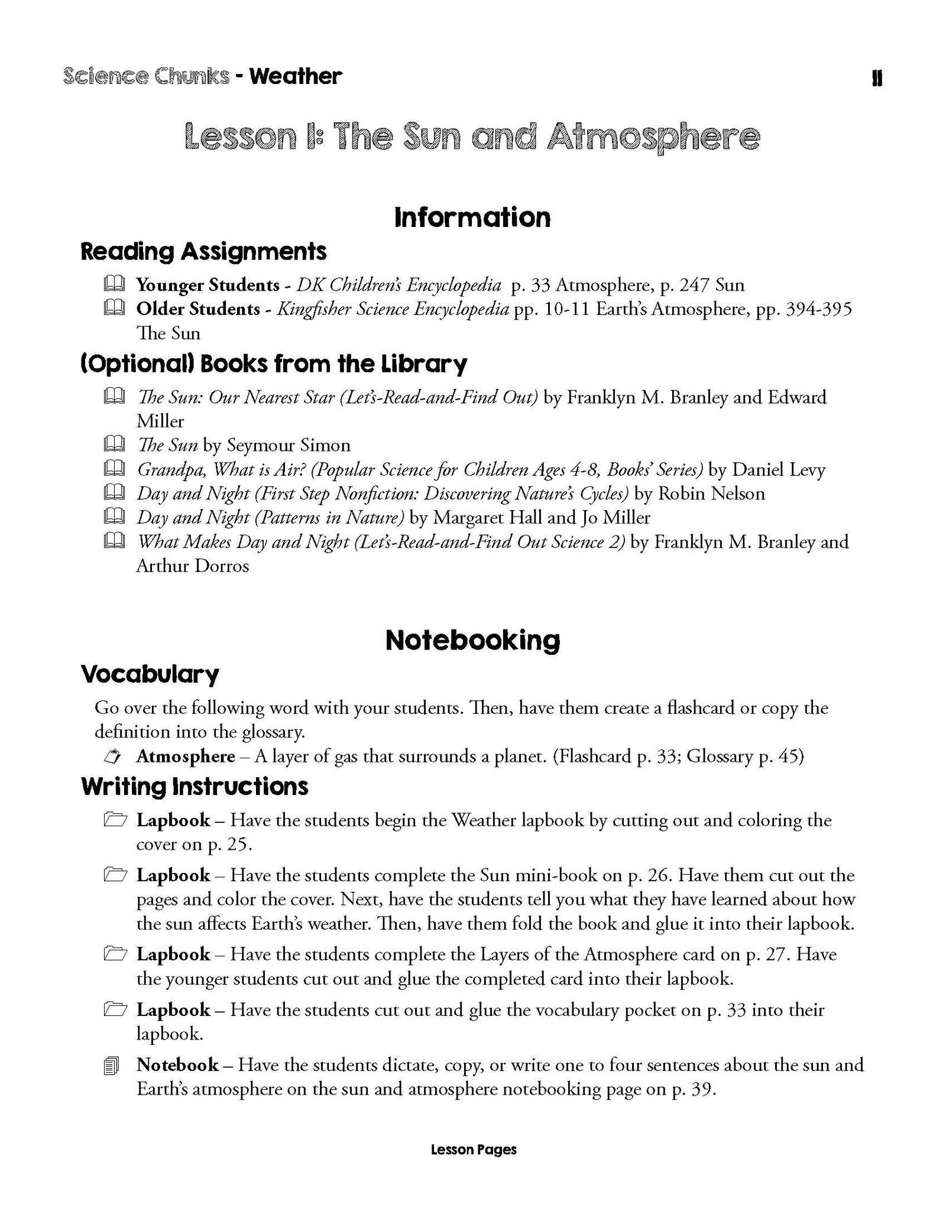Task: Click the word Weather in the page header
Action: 295,77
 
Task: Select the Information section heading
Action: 472,217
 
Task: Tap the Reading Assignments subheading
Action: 203,252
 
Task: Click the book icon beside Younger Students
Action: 114,284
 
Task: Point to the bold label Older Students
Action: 198,309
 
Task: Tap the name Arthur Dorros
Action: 193,566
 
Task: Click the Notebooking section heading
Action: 472,641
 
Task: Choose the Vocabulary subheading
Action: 150,674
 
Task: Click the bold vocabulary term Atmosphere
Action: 186,757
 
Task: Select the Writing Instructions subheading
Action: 195,787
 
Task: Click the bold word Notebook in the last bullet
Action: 177,1065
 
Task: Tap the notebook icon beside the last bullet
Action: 111,1067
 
